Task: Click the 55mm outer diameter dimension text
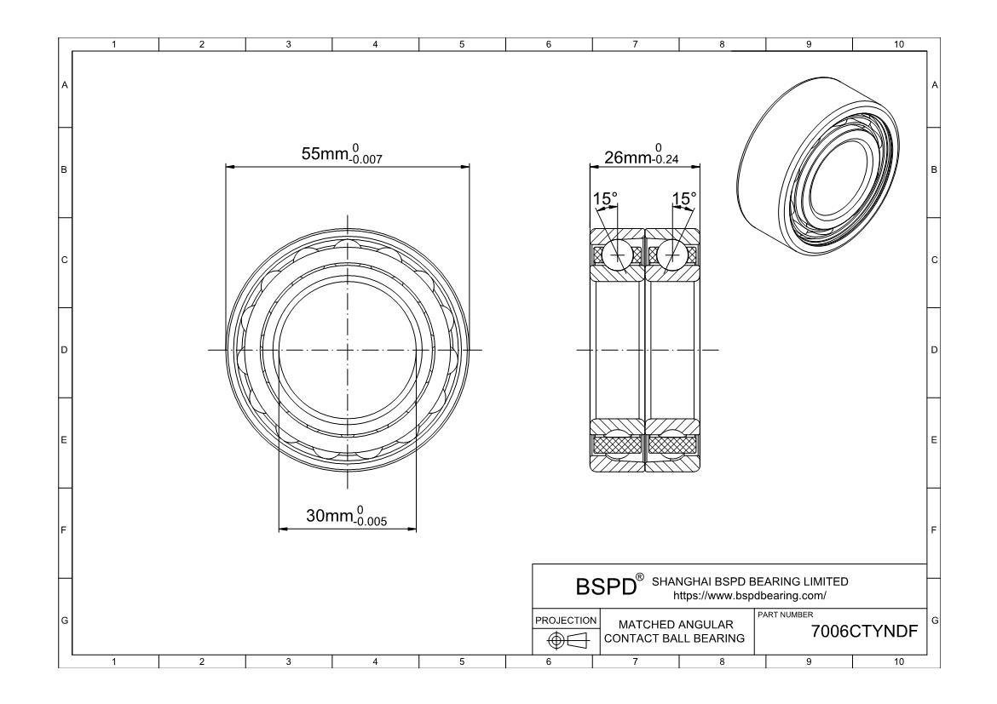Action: point(342,154)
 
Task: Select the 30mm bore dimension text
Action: point(346,516)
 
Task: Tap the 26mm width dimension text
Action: point(641,154)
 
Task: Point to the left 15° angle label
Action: point(605,199)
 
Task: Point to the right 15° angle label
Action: point(684,199)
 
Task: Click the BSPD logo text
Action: point(606,587)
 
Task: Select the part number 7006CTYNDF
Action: point(864,632)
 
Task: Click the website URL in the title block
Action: point(750,596)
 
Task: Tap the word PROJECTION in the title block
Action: point(566,620)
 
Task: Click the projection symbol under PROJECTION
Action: point(565,640)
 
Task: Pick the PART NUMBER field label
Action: point(786,615)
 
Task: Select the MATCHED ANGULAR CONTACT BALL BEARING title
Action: point(675,632)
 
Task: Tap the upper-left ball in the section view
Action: point(617,255)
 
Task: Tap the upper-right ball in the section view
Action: point(671,255)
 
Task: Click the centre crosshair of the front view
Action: point(347,350)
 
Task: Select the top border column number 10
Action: point(898,44)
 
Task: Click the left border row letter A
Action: point(64,85)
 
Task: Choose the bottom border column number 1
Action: point(114,662)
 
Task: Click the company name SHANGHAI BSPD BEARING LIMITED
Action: point(750,581)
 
